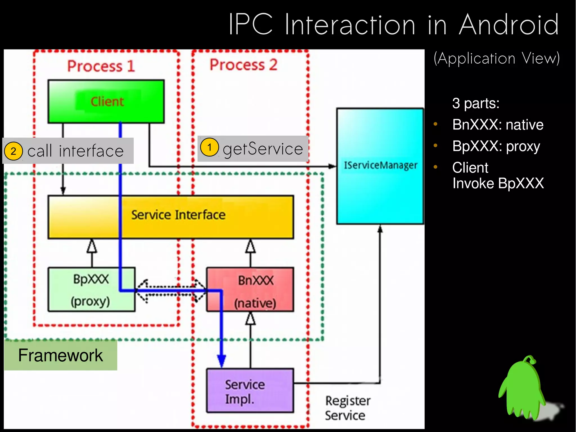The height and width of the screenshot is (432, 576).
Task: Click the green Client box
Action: [106, 102]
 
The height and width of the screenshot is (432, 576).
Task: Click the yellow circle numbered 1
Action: [209, 147]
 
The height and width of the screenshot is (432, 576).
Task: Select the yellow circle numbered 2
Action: [13, 151]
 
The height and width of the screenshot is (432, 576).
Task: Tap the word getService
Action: [263, 149]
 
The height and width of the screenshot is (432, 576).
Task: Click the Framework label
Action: [60, 355]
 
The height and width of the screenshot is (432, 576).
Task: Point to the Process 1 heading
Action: [101, 66]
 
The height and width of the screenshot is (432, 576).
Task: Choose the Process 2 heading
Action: [243, 65]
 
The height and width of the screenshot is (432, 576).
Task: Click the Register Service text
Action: [347, 408]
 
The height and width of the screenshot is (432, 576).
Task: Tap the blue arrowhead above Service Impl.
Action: [221, 361]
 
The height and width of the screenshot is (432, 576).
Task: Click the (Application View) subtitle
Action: [497, 59]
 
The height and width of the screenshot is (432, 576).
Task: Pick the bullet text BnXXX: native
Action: [498, 125]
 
